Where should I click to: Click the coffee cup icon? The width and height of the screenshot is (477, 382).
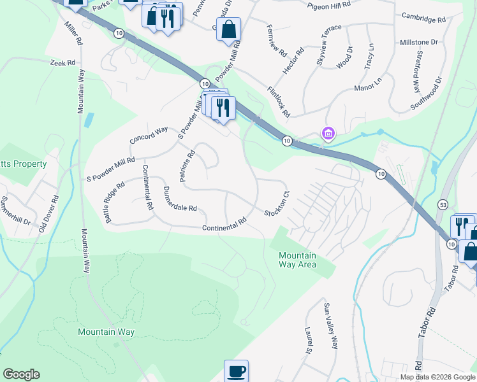[x=236, y=371]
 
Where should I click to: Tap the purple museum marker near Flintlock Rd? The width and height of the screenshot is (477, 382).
[x=328, y=134]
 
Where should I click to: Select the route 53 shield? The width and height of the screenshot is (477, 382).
[x=442, y=204]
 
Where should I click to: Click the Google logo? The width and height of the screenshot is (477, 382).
[x=21, y=374]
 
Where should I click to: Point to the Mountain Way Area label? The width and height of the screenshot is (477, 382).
[x=298, y=260]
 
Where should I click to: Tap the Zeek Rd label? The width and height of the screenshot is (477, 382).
[x=63, y=63]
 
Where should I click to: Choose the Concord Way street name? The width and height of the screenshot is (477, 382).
[x=148, y=134]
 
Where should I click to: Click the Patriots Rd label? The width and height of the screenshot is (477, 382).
[x=187, y=167]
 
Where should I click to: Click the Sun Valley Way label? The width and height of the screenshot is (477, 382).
[x=330, y=327]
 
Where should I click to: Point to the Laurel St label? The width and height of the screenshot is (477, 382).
[x=307, y=341]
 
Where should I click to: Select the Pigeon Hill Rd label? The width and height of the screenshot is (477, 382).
[x=328, y=5]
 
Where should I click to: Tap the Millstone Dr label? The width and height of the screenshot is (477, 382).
[x=418, y=42]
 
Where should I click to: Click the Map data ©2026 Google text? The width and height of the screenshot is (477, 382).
[x=437, y=377]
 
